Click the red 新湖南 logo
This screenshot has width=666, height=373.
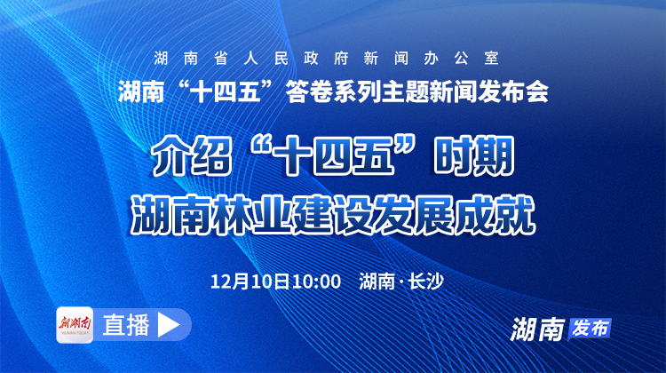[75, 324]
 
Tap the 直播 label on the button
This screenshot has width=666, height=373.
[125, 325]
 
